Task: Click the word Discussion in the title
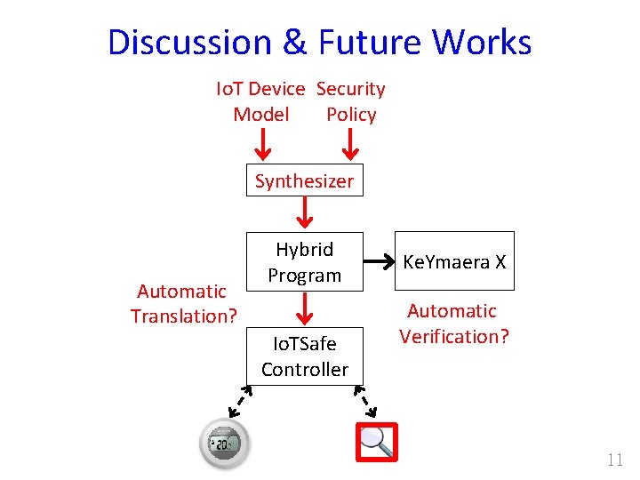click(189, 43)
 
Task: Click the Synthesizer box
click(304, 181)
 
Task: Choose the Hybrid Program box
click(304, 262)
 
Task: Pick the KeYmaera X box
click(454, 262)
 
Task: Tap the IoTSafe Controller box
click(304, 355)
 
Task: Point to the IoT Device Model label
click(260, 101)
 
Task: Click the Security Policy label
click(351, 101)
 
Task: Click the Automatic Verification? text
click(453, 324)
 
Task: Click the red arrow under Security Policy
click(350, 140)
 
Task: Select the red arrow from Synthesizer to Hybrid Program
click(305, 213)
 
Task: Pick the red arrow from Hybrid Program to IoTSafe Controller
click(305, 308)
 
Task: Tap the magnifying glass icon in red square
click(376, 442)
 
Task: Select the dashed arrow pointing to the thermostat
click(238, 402)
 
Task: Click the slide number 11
click(614, 460)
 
